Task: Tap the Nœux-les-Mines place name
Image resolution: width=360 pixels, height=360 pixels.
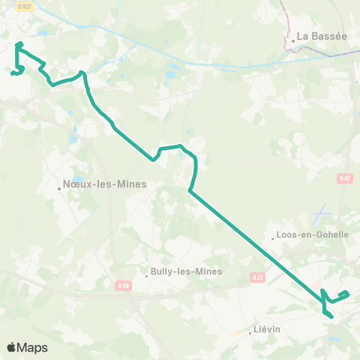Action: (x=105, y=183)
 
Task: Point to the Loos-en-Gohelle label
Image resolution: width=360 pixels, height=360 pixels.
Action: (x=313, y=234)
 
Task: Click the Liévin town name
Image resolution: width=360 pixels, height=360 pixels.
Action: (x=266, y=329)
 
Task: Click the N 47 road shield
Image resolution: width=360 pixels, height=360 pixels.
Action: (x=344, y=178)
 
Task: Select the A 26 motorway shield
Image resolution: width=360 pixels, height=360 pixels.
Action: (x=124, y=285)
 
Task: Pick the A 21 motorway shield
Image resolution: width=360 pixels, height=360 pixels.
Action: (x=257, y=277)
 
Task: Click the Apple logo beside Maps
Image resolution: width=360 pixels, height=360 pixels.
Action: (x=11, y=347)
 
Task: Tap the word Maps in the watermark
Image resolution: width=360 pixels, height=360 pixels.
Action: (x=32, y=347)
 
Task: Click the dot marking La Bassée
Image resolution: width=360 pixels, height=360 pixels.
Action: (x=293, y=41)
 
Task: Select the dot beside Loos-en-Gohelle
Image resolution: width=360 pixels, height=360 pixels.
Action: (x=273, y=239)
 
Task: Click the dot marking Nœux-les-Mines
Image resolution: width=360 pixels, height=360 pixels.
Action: (x=58, y=188)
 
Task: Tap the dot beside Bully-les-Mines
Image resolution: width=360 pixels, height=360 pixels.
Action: (x=147, y=275)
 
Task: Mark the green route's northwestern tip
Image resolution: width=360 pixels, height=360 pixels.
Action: (x=18, y=44)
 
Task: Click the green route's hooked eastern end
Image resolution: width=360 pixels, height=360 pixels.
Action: (x=347, y=292)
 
